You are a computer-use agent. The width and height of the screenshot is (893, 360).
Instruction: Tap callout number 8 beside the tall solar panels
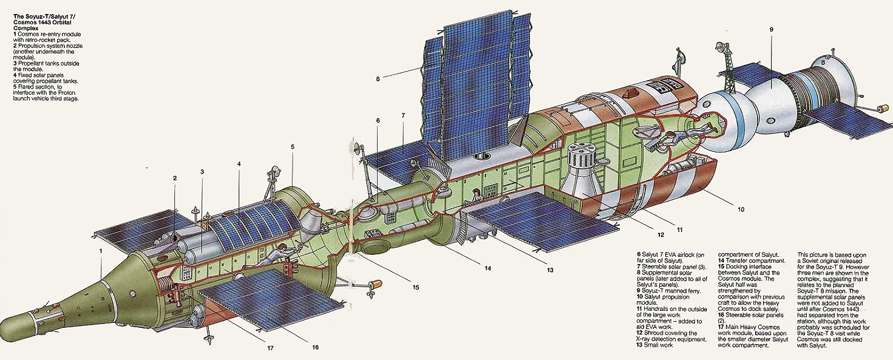[377, 78]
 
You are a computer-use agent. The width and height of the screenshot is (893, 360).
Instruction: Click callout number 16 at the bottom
[315, 348]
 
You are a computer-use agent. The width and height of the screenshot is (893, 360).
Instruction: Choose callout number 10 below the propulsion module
[741, 209]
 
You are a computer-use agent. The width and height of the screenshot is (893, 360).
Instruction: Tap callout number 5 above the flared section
[292, 146]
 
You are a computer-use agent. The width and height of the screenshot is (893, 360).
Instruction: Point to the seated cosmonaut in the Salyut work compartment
[477, 195]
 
